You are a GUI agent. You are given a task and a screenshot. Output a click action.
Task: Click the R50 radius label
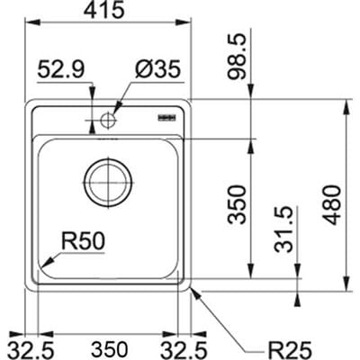click(84, 241)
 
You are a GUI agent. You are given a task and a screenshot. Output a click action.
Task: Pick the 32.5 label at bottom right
click(187, 346)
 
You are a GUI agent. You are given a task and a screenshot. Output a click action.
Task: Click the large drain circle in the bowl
click(108, 183)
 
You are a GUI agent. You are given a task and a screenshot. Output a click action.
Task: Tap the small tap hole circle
click(109, 119)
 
